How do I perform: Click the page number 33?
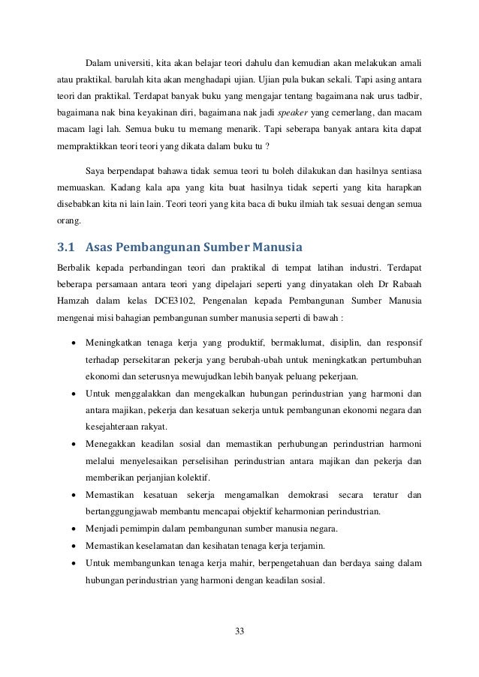tap(239, 628)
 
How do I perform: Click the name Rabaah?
tap(405, 283)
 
